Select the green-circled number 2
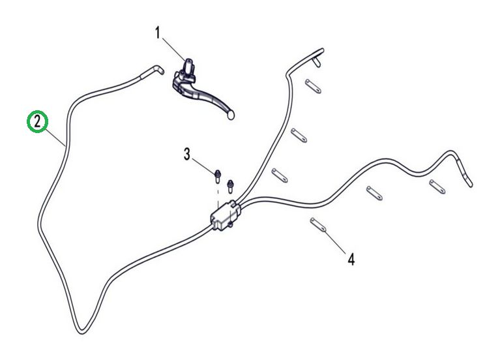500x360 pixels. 38,121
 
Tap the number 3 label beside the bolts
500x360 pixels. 187,155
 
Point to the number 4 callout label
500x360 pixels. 351,260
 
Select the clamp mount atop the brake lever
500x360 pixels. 189,66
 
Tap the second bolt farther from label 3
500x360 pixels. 229,185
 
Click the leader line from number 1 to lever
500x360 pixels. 173,48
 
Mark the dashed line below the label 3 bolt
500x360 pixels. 217,189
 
